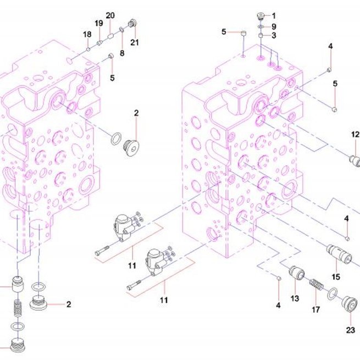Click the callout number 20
(110, 15)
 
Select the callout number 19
(99, 23)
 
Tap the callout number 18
(87, 35)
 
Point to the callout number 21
(135, 42)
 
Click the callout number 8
(122, 53)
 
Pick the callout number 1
(274, 16)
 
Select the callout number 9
(274, 26)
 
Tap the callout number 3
(274, 35)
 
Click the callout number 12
(355, 134)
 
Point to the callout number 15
(336, 277)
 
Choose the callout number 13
(295, 298)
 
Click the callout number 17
(315, 310)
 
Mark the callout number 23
(350, 330)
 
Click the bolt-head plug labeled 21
(132, 23)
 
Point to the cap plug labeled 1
(261, 16)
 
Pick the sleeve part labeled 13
(297, 273)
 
